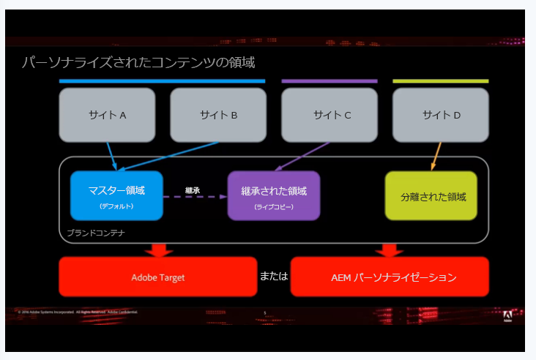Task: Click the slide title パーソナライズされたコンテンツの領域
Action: pos(138,62)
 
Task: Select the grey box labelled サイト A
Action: pos(108,115)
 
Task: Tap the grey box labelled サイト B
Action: pos(218,115)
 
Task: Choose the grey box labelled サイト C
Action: pos(330,115)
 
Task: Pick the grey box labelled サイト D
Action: pos(440,115)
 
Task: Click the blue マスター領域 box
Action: pos(116,195)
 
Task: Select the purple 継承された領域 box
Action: pos(274,195)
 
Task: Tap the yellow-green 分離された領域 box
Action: pos(431,196)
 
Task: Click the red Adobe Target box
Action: pos(158,277)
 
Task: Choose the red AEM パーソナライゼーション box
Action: pos(389,277)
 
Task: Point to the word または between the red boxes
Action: pos(274,277)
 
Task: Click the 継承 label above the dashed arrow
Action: pos(193,190)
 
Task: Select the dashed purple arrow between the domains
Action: pos(195,197)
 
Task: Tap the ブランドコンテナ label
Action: pos(96,233)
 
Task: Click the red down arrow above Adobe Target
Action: pos(158,250)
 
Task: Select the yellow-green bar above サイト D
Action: pos(440,81)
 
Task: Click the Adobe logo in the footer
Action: pos(507,316)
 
